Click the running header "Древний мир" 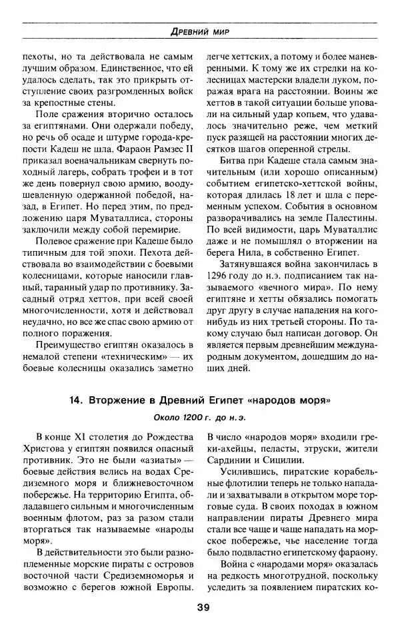[200, 31]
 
